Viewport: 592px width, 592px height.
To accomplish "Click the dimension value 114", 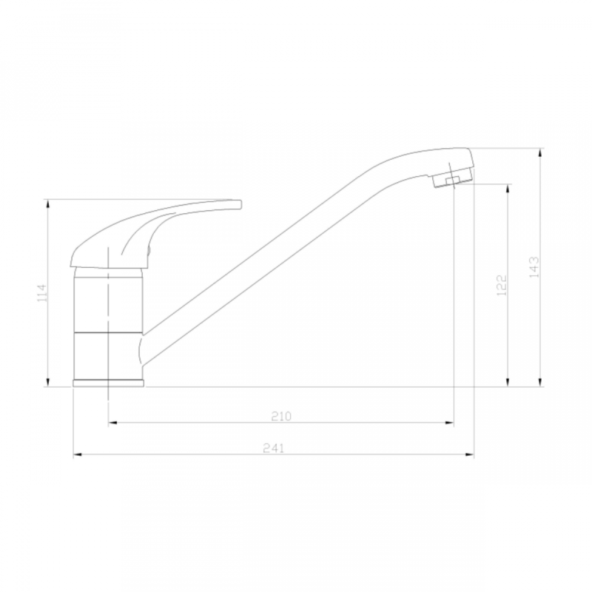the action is click(42, 293).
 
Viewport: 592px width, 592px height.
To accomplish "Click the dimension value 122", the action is click(502, 285).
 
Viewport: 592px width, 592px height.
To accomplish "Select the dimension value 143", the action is click(534, 267).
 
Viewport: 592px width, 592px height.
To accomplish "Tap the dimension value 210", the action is click(282, 416).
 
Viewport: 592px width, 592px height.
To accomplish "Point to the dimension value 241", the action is click(273, 448).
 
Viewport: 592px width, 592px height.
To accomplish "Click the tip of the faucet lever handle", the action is click(240, 204).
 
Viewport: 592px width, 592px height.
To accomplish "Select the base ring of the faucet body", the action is click(108, 383).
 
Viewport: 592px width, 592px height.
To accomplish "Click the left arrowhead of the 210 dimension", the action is click(112, 423).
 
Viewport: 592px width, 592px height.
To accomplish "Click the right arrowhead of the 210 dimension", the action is click(449, 423).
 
